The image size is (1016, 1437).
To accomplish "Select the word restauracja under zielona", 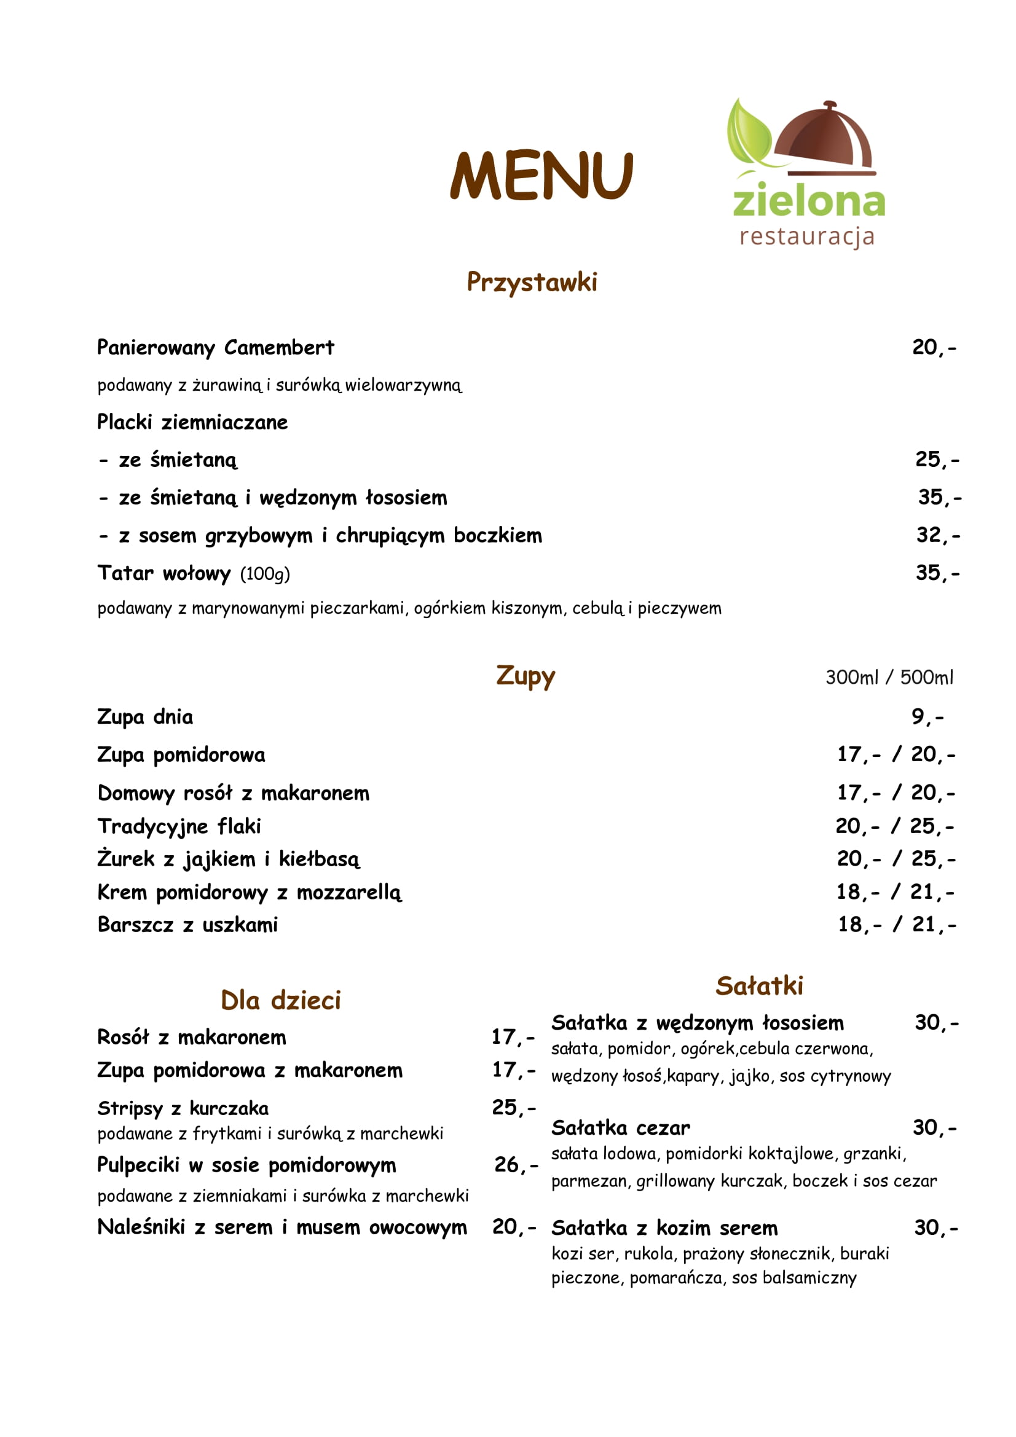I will point(806,237).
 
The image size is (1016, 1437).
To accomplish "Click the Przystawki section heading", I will point(532,282).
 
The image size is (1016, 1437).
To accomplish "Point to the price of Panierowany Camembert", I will point(934,347).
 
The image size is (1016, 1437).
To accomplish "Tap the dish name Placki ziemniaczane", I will point(192,423).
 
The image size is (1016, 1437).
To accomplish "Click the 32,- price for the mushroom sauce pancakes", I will point(937,535).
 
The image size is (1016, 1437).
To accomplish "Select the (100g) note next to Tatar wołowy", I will point(265,574).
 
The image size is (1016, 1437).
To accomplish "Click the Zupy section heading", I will point(526,676).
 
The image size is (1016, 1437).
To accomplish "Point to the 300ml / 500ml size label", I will point(889,677).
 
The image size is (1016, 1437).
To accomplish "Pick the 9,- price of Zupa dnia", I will point(927,716).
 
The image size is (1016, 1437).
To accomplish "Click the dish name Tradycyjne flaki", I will point(179,826).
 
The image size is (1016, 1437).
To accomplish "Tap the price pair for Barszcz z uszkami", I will point(896,925).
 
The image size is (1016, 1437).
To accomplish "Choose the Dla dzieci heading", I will point(280,1000).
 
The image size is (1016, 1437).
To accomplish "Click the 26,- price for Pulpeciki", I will point(515,1165).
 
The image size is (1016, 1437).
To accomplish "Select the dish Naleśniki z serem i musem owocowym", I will point(282,1228).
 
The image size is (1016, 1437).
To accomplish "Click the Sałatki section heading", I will point(758,985).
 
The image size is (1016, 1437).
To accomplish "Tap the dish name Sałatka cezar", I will point(620,1128).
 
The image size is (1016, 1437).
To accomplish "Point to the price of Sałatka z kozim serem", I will point(935,1228).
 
